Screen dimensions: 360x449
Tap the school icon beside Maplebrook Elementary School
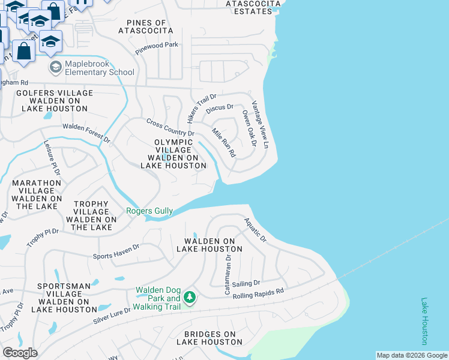pos(56,67)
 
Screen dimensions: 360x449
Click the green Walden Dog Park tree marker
pos(190,298)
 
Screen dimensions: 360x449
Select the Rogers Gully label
pos(149,211)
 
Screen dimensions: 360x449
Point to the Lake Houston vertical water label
pos(424,321)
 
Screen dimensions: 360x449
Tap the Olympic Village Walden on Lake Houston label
pos(173,154)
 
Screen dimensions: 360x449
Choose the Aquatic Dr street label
pos(255,230)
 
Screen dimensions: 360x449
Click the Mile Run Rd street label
pos(224,142)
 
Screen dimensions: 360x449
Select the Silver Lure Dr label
pos(116,317)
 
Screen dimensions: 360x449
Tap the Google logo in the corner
pos(20,353)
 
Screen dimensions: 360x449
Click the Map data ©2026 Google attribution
pos(412,355)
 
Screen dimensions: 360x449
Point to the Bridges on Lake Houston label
pos(209,338)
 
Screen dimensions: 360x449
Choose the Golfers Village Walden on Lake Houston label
pos(55,101)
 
